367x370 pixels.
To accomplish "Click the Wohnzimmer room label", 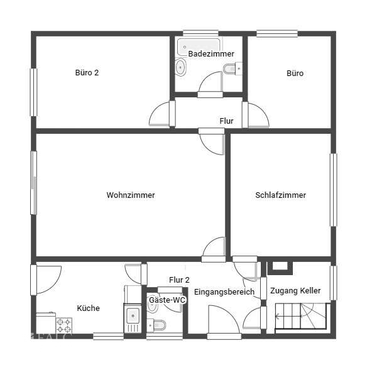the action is pos(131,195).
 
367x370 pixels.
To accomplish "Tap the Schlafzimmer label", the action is pos(281,195).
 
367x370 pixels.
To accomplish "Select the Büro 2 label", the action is pos(87,72).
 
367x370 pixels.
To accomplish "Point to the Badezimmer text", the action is pos(211,54).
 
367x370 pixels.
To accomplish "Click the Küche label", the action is pos(88,308).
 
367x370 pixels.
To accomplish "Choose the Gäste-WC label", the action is pos(167,300).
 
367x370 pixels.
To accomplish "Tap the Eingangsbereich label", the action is pos(224,292).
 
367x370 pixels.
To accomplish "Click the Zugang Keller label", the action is pos(295,290).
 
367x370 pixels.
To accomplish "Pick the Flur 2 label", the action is pos(179,280).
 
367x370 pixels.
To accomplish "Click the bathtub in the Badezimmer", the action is pos(199,46).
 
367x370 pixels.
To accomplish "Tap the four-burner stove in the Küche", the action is pos(64,325).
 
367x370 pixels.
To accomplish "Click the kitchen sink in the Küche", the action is pos(133,318).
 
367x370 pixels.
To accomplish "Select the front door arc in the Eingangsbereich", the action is pos(224,319).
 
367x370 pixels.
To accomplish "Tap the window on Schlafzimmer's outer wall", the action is pos(333,190).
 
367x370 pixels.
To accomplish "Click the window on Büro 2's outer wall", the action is pos(34,92).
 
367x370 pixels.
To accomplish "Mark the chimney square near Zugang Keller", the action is pos(280,268).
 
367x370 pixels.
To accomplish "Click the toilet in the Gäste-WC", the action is pos(156,325).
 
